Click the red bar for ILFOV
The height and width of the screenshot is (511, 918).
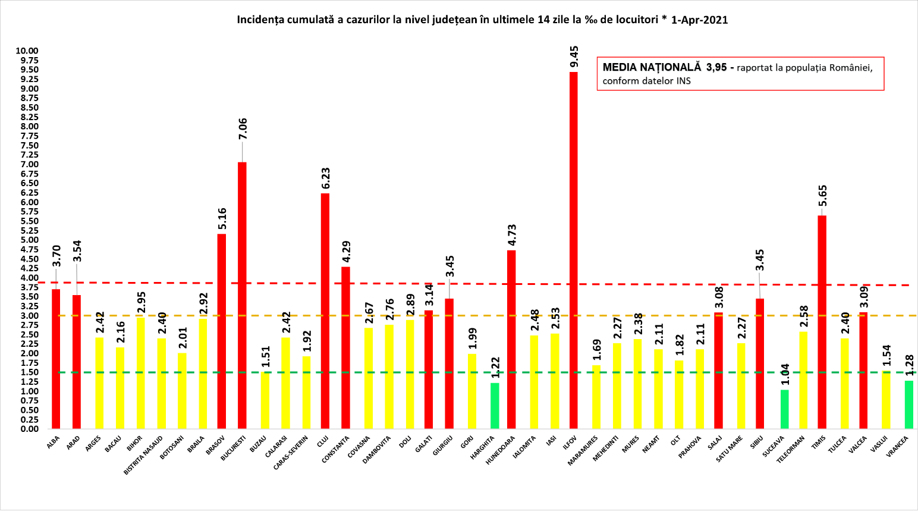pos(573,250)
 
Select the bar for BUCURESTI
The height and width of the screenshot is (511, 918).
pos(242,295)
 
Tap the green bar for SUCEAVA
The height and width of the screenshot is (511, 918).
pos(784,409)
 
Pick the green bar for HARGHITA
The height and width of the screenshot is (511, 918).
pos(495,406)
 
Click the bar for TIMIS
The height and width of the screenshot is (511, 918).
pos(822,322)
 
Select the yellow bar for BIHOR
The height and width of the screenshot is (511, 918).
pos(141,373)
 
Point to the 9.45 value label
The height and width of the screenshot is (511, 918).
pos(574,58)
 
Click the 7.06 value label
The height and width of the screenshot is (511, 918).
pos(243,129)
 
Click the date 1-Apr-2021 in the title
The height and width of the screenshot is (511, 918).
pos(699,20)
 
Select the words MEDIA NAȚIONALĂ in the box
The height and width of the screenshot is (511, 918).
pos(652,67)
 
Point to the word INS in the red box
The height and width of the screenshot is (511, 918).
pos(683,81)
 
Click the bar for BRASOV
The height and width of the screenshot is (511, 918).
pos(221,331)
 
